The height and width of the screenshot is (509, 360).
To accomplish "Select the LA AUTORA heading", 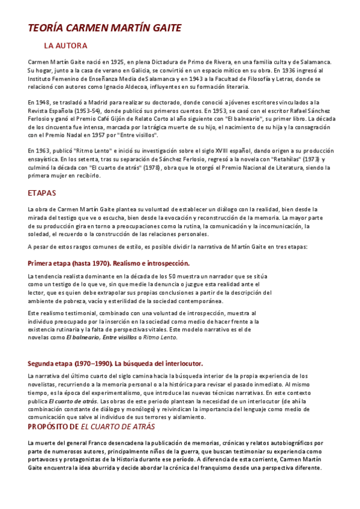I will tap(65, 46).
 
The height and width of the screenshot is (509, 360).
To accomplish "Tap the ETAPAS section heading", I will tap(42, 193).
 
